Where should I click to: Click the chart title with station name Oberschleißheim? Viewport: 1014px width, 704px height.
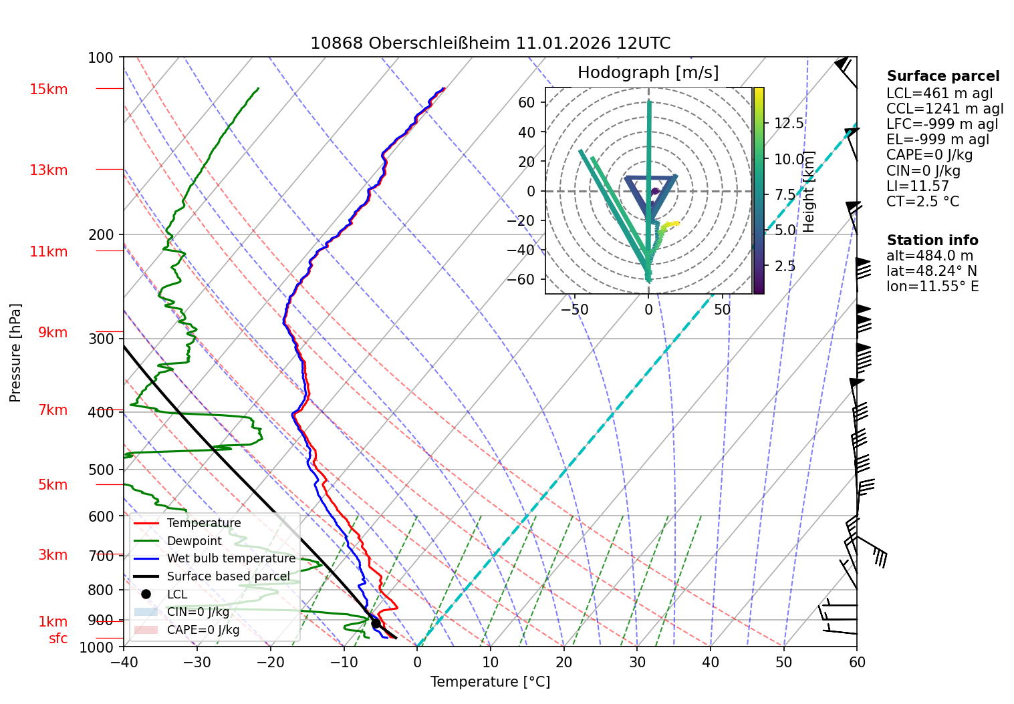click(x=490, y=43)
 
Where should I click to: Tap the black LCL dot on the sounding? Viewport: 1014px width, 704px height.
click(x=376, y=624)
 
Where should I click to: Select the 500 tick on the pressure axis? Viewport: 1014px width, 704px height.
click(x=101, y=470)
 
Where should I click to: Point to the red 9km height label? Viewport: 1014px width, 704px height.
click(x=52, y=333)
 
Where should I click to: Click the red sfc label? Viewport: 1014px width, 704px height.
click(x=58, y=639)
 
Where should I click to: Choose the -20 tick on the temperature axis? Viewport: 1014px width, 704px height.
click(x=271, y=662)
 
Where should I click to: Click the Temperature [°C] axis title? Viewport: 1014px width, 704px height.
click(x=490, y=681)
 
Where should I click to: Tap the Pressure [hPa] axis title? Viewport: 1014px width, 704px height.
click(x=15, y=353)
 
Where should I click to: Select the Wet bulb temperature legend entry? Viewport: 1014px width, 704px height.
click(x=231, y=558)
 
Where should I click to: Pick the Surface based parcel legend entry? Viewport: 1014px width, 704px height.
click(x=228, y=576)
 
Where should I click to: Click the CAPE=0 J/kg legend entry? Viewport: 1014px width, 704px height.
click(x=203, y=630)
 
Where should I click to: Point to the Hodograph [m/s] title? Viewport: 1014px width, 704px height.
click(x=648, y=73)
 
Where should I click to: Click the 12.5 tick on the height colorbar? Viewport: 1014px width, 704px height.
click(x=789, y=124)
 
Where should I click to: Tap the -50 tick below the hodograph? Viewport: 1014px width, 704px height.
click(x=574, y=310)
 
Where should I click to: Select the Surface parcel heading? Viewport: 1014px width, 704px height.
click(x=942, y=76)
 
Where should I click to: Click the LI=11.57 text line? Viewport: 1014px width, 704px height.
click(x=917, y=186)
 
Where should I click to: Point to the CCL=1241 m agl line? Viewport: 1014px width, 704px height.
click(x=944, y=109)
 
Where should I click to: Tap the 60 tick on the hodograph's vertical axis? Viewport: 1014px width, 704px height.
click(x=527, y=102)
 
